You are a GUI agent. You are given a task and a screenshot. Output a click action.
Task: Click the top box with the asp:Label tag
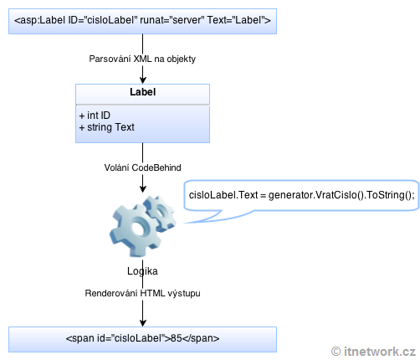[142, 20]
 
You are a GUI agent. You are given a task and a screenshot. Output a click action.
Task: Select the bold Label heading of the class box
[142, 93]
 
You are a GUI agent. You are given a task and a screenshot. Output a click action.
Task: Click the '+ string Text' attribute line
[106, 127]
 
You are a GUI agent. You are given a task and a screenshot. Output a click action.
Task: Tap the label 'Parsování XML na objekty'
[142, 59]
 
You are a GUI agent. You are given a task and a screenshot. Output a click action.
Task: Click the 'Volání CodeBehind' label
[142, 167]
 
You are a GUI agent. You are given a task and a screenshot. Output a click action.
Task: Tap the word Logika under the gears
[142, 271]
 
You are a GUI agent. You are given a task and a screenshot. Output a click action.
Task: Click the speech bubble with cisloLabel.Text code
[301, 196]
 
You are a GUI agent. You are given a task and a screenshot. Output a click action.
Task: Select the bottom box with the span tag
[142, 338]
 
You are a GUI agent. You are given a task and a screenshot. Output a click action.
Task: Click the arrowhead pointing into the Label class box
[142, 80]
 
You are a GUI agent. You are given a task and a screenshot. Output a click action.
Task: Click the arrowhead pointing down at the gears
[142, 191]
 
